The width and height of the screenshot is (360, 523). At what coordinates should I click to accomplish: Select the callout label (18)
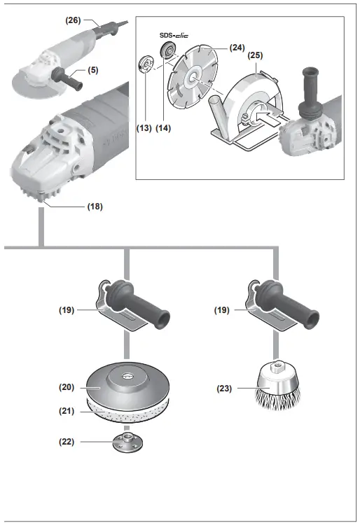tap(95, 207)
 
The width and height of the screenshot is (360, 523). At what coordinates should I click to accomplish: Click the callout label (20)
tap(67, 386)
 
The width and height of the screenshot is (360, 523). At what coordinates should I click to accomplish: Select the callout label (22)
tap(67, 442)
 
